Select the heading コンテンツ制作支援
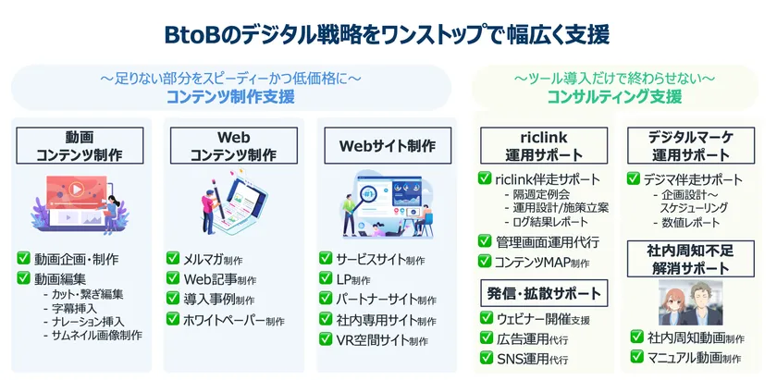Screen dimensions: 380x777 [230, 96]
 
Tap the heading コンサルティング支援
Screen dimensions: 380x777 [614, 96]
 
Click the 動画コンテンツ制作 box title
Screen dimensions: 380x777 [80, 146]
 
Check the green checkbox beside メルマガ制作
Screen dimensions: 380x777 [173, 259]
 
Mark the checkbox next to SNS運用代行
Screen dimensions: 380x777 [485, 358]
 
